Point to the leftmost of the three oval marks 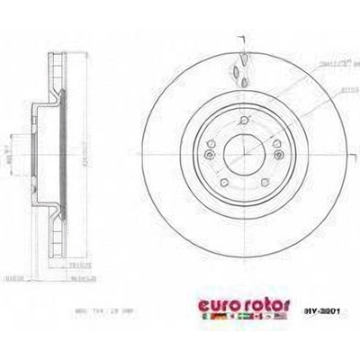(x=231, y=72)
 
